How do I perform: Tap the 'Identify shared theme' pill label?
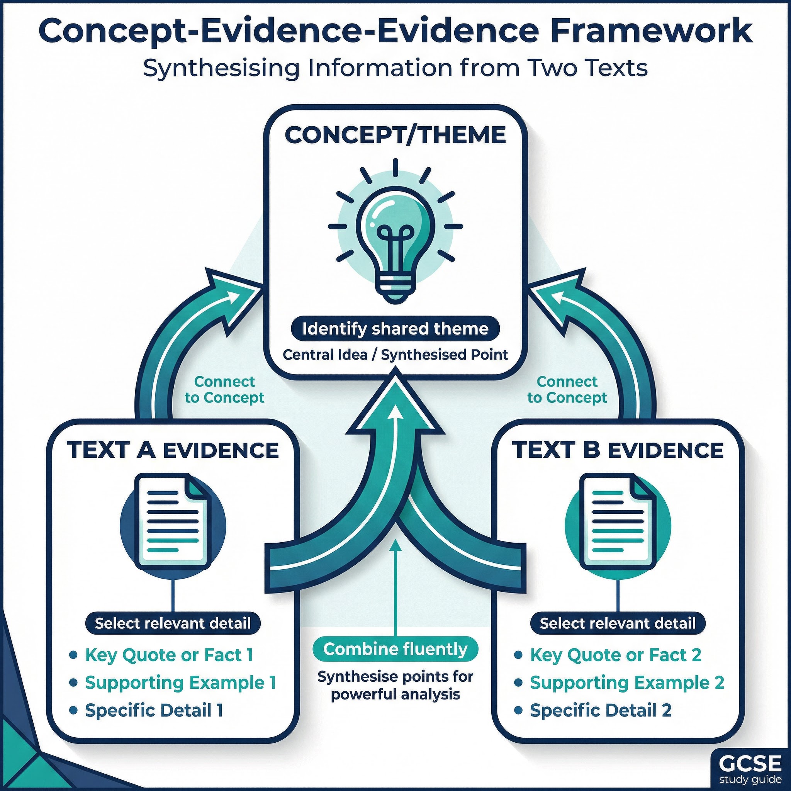pos(395,329)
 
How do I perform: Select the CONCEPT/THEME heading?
pos(395,135)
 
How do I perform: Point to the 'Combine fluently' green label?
pos(395,649)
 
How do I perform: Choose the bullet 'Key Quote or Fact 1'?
pos(169,655)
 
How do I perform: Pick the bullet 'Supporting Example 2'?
pos(627,682)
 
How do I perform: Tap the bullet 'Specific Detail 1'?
pos(154,710)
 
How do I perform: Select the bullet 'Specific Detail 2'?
pos(601,710)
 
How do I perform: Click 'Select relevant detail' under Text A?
pos(172,623)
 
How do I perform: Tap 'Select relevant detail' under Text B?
pos(618,623)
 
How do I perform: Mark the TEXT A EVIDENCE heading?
pos(172,450)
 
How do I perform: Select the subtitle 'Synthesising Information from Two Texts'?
pos(395,68)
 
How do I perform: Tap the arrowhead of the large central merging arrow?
pos(395,405)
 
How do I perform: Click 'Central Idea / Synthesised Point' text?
pos(395,355)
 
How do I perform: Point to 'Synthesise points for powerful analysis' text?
pos(395,686)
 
